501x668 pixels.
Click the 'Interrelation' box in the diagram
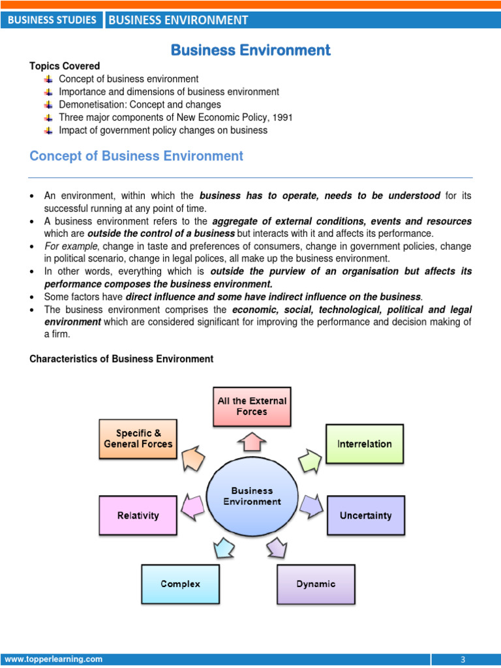364,444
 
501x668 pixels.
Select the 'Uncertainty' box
365,515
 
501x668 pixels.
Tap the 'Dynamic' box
316,584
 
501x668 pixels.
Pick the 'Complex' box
181,584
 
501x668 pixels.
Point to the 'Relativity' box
138,515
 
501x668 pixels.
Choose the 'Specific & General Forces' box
138,438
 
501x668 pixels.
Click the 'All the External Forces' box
252,406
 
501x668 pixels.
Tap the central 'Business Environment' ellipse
252,496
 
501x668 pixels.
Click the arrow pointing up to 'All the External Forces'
252,442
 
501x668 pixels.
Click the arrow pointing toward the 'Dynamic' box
276,547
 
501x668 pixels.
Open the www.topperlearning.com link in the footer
54,660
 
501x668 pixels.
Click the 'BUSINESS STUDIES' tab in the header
52,20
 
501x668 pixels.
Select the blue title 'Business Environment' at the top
250,50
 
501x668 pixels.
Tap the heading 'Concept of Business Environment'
136,156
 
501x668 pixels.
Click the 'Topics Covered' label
65,66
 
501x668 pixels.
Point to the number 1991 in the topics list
282,117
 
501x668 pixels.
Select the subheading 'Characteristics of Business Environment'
121,359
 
